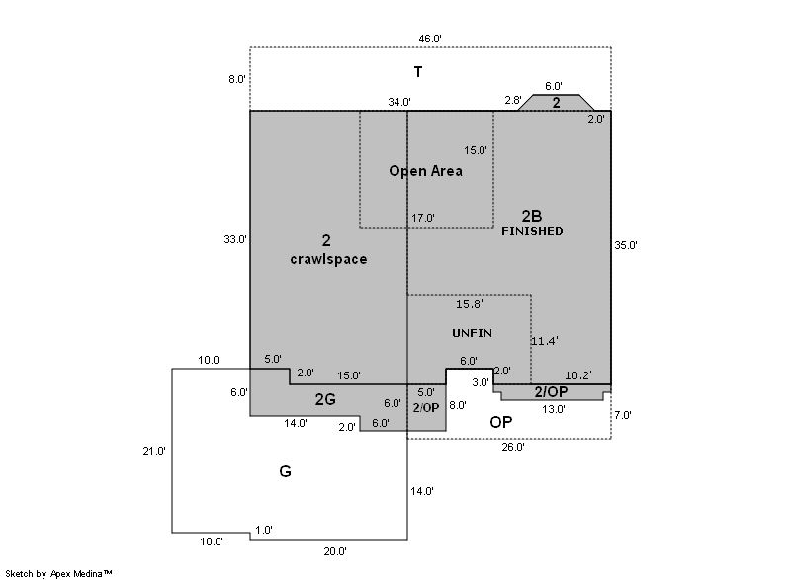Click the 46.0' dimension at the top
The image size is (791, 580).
[429, 39]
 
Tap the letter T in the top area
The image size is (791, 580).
[418, 71]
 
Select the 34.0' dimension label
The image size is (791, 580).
[399, 101]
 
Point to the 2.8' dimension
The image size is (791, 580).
[513, 100]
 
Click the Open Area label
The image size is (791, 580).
[425, 171]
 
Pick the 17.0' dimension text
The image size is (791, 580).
[422, 218]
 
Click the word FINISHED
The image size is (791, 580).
[532, 231]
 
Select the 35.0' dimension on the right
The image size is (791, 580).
[626, 245]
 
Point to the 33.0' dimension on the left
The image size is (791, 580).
[236, 239]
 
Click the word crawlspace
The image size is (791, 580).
[328, 260]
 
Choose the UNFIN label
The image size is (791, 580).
[472, 333]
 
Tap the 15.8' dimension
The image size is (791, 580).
[469, 304]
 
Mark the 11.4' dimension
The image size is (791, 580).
[545, 341]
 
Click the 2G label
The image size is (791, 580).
[325, 399]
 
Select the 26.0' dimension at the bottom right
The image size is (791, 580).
[512, 447]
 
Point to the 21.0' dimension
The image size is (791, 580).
[153, 451]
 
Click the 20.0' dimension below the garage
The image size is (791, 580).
[336, 551]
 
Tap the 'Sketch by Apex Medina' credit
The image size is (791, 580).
[59, 573]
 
